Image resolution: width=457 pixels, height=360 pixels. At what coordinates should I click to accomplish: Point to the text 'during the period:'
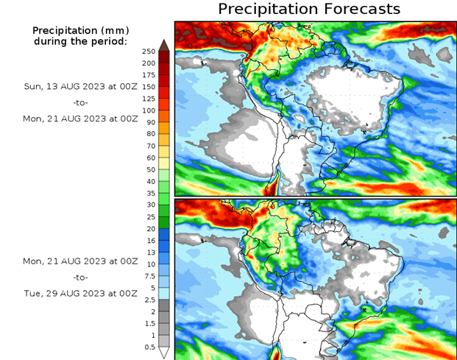pos(81,41)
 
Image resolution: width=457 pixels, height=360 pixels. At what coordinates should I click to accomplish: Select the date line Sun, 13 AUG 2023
pos(81,86)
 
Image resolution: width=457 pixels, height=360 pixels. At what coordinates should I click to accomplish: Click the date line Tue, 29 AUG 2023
pos(81,293)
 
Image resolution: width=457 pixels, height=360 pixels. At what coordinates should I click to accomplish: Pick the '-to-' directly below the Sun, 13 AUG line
pos(82,102)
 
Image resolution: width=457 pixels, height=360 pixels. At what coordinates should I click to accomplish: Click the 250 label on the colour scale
pos(148,52)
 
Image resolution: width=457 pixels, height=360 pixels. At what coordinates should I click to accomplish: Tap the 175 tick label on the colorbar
pos(148,75)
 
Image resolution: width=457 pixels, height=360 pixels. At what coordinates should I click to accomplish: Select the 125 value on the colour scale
pos(148,99)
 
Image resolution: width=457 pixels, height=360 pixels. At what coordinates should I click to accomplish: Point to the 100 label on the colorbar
pos(148,110)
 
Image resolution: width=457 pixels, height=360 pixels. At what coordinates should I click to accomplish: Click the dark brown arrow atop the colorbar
pos(164,46)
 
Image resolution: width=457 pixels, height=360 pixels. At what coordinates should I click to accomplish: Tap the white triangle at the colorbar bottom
pos(164,352)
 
